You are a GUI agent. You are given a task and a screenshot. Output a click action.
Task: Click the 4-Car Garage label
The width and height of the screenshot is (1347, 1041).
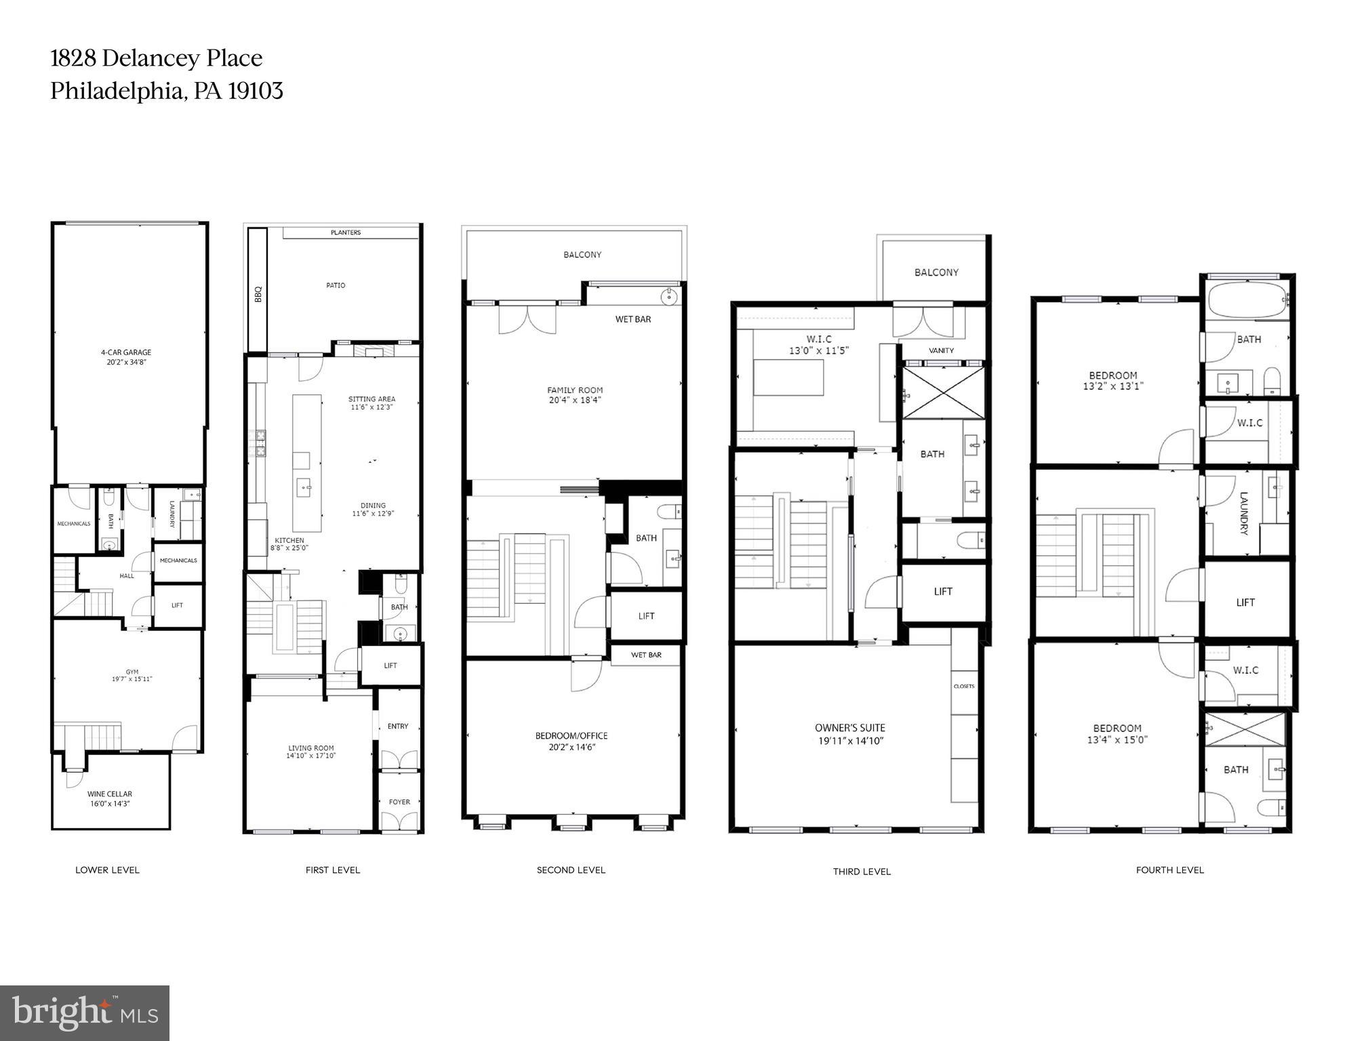tap(126, 352)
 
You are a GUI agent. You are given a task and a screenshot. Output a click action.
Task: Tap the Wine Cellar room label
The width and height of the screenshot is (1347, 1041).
tap(109, 794)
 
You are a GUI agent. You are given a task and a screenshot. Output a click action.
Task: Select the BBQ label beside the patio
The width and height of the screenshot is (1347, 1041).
tap(258, 294)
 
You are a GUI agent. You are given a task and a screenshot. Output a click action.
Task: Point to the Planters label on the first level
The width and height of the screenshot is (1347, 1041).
tap(346, 232)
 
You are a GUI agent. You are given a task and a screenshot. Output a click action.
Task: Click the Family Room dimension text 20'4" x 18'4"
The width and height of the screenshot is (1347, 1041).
tap(575, 401)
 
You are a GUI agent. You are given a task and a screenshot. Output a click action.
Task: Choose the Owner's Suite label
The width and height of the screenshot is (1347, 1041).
tap(850, 728)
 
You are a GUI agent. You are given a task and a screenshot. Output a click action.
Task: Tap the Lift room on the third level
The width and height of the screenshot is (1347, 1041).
tap(943, 592)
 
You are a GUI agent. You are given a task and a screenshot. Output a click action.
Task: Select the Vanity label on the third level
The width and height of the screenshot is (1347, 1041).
tap(941, 350)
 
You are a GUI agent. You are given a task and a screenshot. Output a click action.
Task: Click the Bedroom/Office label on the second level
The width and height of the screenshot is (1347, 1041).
tap(571, 735)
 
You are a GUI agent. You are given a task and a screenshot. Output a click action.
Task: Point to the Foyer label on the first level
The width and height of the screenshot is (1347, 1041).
tap(399, 802)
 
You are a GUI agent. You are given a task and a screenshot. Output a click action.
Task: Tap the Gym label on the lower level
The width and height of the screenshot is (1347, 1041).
tap(132, 672)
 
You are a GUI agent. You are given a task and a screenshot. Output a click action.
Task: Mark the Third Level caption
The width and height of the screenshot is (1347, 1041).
tap(862, 872)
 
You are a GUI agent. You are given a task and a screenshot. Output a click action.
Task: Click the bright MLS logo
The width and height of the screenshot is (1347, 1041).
tap(85, 1013)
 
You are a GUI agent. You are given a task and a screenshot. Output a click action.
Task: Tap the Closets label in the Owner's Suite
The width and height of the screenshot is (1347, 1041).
tap(964, 687)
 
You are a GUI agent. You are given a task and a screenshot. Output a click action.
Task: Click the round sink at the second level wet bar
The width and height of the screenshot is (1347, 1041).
tap(669, 295)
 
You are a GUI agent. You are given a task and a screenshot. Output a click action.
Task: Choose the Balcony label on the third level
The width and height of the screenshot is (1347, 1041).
tap(936, 272)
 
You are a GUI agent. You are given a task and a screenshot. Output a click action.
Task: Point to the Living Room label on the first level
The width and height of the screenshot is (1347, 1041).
tap(310, 748)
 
